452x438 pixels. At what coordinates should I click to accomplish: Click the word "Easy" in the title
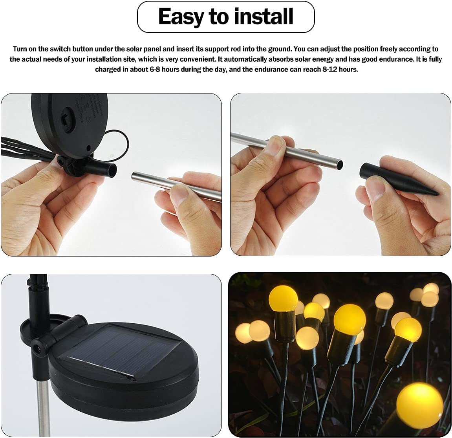tap(182, 16)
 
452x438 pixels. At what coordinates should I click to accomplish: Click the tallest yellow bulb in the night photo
tap(280, 299)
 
